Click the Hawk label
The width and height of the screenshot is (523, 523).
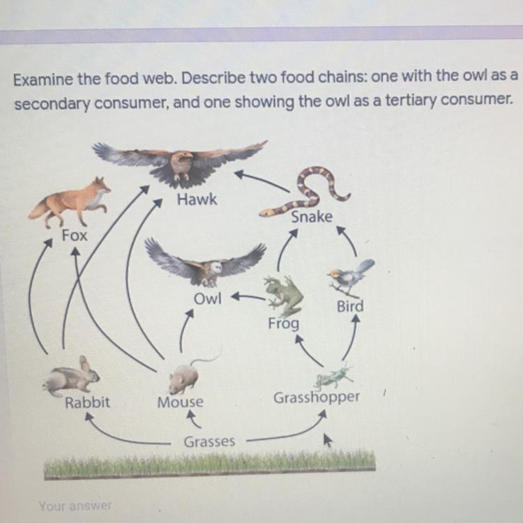click(197, 200)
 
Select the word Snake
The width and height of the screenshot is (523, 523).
click(312, 217)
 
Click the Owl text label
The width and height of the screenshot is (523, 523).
click(207, 299)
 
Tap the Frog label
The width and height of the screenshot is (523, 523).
click(284, 324)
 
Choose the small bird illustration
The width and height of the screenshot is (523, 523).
click(351, 277)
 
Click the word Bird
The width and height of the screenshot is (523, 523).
click(350, 306)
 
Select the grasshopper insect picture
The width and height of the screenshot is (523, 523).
click(333, 377)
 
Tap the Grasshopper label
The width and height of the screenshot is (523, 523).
click(317, 397)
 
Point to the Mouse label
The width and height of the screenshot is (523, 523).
click(181, 402)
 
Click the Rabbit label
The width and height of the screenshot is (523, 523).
click(87, 402)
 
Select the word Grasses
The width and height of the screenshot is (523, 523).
click(209, 441)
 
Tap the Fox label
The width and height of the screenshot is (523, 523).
click(75, 236)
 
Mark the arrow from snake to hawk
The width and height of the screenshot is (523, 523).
click(261, 181)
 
